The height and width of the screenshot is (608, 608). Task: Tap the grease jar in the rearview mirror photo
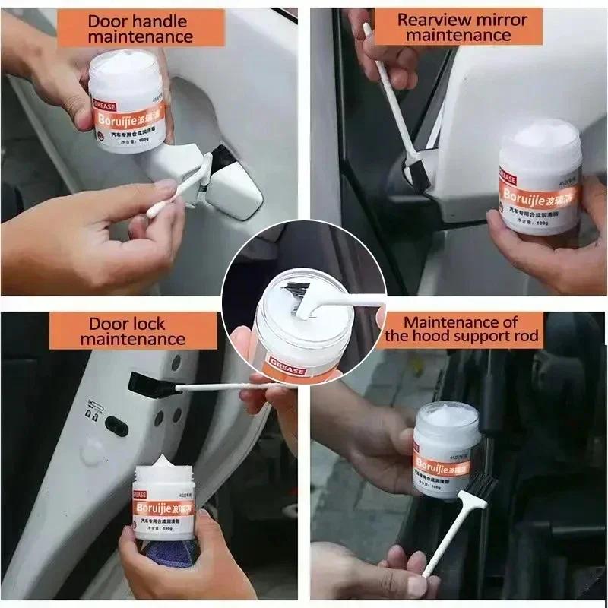pyautogui.click(x=541, y=179)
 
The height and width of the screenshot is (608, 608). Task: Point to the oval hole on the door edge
pyautogui.click(x=116, y=426)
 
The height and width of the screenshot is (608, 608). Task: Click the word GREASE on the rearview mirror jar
pyautogui.click(x=508, y=179)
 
